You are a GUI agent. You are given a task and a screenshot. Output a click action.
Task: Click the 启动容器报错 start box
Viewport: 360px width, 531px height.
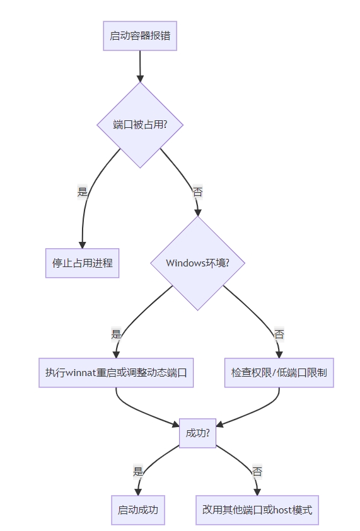coord(140,36)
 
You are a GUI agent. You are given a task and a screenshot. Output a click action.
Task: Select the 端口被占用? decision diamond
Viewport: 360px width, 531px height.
coord(140,125)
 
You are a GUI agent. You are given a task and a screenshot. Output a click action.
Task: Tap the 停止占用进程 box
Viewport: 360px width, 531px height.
coord(83,263)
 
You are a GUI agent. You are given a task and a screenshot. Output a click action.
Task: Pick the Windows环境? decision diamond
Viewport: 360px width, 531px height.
coord(197,263)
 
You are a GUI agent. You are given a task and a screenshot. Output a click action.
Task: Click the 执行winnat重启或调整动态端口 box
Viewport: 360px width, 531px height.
coord(116,372)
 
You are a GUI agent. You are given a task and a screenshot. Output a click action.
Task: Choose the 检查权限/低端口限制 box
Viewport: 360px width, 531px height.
coord(279,372)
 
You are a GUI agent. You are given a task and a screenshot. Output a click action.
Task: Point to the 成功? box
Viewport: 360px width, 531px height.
coord(197,433)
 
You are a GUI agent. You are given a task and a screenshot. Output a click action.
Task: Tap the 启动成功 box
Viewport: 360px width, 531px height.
coord(138,510)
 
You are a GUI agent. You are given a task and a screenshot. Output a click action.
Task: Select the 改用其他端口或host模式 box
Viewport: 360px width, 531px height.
coord(257,510)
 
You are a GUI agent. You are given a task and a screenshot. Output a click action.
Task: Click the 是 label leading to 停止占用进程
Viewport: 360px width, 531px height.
coord(83,192)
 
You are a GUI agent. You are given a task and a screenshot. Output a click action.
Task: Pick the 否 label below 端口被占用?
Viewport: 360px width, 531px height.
coord(197,192)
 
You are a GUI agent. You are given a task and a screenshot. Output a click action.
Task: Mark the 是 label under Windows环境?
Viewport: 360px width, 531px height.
coord(116,334)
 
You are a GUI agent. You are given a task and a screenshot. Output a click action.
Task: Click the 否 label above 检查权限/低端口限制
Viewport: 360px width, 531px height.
coord(279,334)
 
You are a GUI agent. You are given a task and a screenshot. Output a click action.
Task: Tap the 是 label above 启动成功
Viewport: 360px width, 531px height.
coord(138,471)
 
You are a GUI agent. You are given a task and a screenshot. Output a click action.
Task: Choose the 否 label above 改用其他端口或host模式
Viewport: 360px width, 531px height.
coord(257,471)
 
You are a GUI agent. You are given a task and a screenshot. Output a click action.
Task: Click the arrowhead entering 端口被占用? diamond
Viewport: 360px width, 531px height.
coord(140,78)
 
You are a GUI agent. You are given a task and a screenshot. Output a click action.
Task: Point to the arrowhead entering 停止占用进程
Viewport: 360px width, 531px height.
coord(83,245)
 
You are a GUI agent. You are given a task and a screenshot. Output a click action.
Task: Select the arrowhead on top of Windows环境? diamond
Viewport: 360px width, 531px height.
coord(197,212)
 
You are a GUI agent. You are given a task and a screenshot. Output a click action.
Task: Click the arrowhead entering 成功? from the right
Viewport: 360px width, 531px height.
coord(219,425)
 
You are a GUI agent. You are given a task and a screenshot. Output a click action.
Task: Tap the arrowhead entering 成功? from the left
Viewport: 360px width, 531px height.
coord(176,424)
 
